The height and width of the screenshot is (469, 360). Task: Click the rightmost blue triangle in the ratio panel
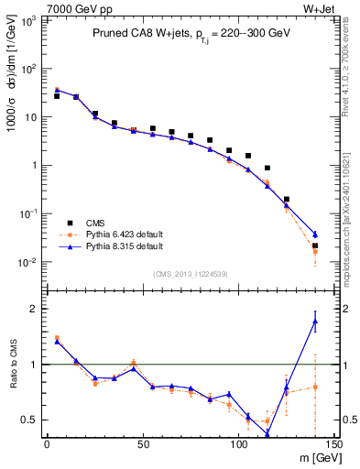pyautogui.click(x=315, y=322)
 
